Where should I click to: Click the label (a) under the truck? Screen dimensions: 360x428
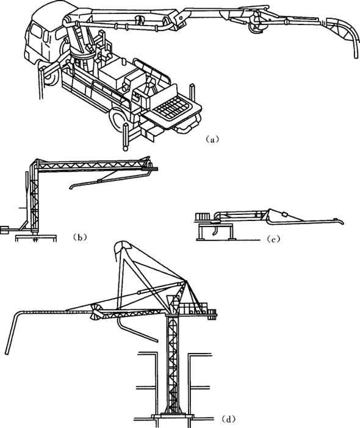click(x=212, y=139)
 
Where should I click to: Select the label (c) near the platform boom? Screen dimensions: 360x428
click(x=273, y=239)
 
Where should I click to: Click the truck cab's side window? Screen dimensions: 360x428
click(x=36, y=31)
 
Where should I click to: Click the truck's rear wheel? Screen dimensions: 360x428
click(x=118, y=120)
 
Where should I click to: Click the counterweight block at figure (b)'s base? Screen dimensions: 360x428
click(x=4, y=230)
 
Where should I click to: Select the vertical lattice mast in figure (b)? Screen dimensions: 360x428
click(x=35, y=199)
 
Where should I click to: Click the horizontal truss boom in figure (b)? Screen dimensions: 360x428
click(x=92, y=165)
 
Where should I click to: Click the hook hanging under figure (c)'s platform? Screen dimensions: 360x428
click(x=215, y=230)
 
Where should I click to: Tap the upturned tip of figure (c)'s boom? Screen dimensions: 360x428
click(x=339, y=222)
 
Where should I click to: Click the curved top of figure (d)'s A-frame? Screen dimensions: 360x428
click(x=122, y=245)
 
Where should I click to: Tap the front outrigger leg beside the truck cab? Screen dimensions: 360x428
click(x=41, y=83)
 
